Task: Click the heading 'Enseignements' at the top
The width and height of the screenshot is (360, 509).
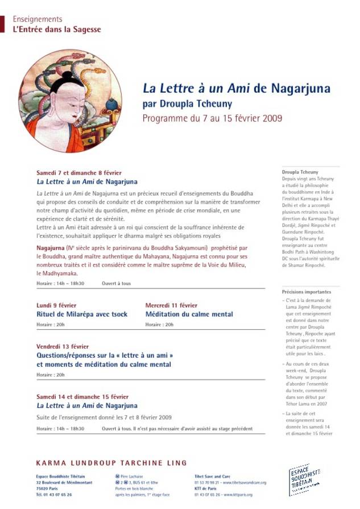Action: pyautogui.click(x=38, y=19)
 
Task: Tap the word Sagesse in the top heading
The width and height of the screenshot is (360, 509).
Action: pyautogui.click(x=86, y=29)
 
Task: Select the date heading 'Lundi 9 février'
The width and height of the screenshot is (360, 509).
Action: pyautogui.click(x=56, y=305)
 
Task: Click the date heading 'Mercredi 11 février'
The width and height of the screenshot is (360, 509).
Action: pyautogui.click(x=171, y=305)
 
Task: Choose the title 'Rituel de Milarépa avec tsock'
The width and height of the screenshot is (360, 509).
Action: pyautogui.click(x=82, y=314)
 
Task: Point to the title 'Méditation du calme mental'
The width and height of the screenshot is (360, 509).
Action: pyautogui.click(x=189, y=314)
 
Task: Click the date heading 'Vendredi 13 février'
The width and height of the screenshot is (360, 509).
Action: pyautogui.click(x=63, y=346)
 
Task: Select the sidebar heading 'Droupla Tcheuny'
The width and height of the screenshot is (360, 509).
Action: pyautogui.click(x=300, y=172)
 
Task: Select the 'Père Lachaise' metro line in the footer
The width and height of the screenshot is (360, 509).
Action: pyautogui.click(x=131, y=476)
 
